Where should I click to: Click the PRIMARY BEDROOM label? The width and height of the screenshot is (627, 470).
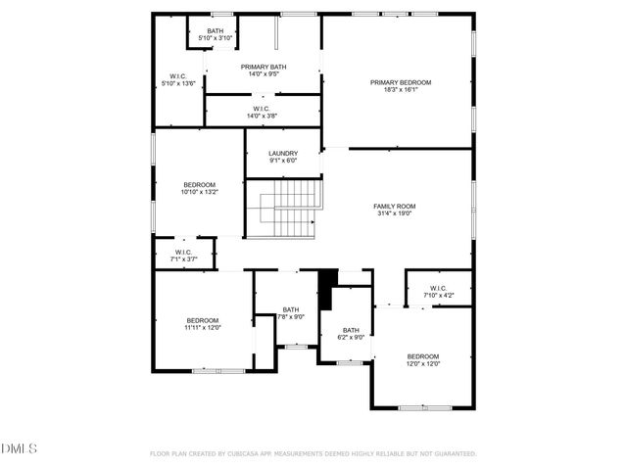pos(401,82)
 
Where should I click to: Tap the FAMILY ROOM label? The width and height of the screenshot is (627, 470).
pos(395,206)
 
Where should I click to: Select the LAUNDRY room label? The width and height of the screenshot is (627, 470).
pos(283,153)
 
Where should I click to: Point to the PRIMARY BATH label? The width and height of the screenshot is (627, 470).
pos(264,66)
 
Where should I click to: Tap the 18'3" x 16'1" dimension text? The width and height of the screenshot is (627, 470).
pos(401,90)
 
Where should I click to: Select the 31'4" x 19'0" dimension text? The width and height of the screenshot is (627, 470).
pos(395,213)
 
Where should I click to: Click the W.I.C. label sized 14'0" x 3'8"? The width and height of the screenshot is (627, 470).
pos(263,109)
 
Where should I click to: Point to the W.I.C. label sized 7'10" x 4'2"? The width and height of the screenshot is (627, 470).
pos(439,288)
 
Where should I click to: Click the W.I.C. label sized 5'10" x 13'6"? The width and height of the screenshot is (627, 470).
pos(177,76)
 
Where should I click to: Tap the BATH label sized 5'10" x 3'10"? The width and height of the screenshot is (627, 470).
pos(215,30)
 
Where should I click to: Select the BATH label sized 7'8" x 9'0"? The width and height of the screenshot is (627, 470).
pos(291,309)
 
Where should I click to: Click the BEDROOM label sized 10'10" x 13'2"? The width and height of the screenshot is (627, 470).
pos(199,184)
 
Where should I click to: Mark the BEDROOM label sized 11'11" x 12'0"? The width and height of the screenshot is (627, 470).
pos(203,320)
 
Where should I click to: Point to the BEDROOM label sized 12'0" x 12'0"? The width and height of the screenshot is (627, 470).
pos(423,355)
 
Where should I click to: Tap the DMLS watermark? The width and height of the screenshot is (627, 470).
pos(19,448)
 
